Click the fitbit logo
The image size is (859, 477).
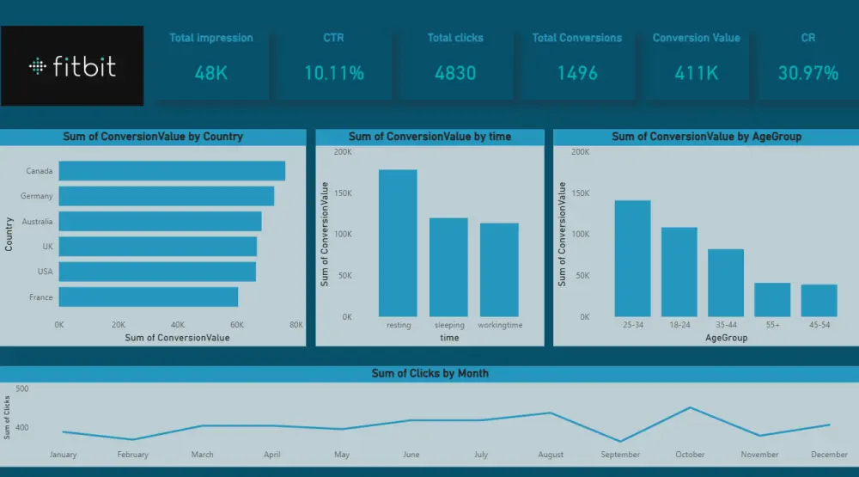(72, 66)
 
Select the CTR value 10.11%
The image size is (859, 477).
(334, 73)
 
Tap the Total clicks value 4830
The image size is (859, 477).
(455, 73)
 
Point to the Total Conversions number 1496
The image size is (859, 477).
(577, 73)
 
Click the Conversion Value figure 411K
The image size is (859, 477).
(697, 73)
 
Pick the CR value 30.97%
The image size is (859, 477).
(808, 73)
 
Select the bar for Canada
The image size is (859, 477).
(172, 170)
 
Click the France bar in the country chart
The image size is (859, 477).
(149, 297)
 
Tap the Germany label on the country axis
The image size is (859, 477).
(37, 196)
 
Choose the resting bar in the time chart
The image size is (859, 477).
(398, 243)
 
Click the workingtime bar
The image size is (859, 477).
(499, 270)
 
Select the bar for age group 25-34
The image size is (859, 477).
(633, 258)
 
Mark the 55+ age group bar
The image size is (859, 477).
(772, 300)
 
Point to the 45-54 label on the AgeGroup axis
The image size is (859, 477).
(819, 325)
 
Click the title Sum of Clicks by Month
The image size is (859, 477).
(430, 373)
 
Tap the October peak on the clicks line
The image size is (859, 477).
(690, 407)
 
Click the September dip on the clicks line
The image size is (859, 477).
(620, 442)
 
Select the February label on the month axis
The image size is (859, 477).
(132, 455)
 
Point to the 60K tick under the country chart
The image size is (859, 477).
(237, 325)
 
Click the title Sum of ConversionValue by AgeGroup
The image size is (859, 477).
(707, 137)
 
